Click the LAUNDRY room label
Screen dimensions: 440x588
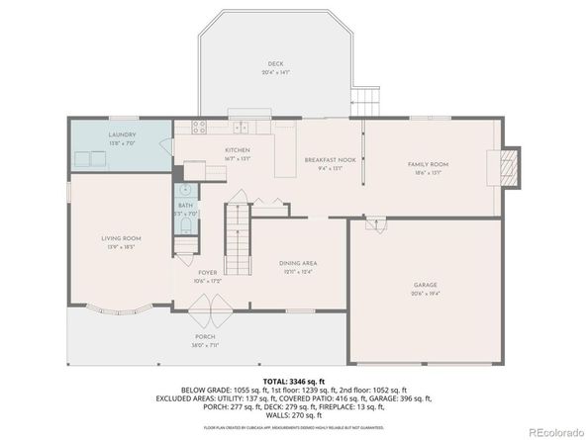point(122,135)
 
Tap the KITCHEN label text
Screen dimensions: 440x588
point(238,149)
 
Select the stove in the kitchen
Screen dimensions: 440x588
point(198,127)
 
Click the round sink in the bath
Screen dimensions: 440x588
point(184,190)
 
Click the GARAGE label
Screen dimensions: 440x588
point(425,285)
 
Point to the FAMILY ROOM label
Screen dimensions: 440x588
point(429,164)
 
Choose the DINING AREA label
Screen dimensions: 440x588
point(296,263)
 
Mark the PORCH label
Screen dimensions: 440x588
point(203,337)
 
